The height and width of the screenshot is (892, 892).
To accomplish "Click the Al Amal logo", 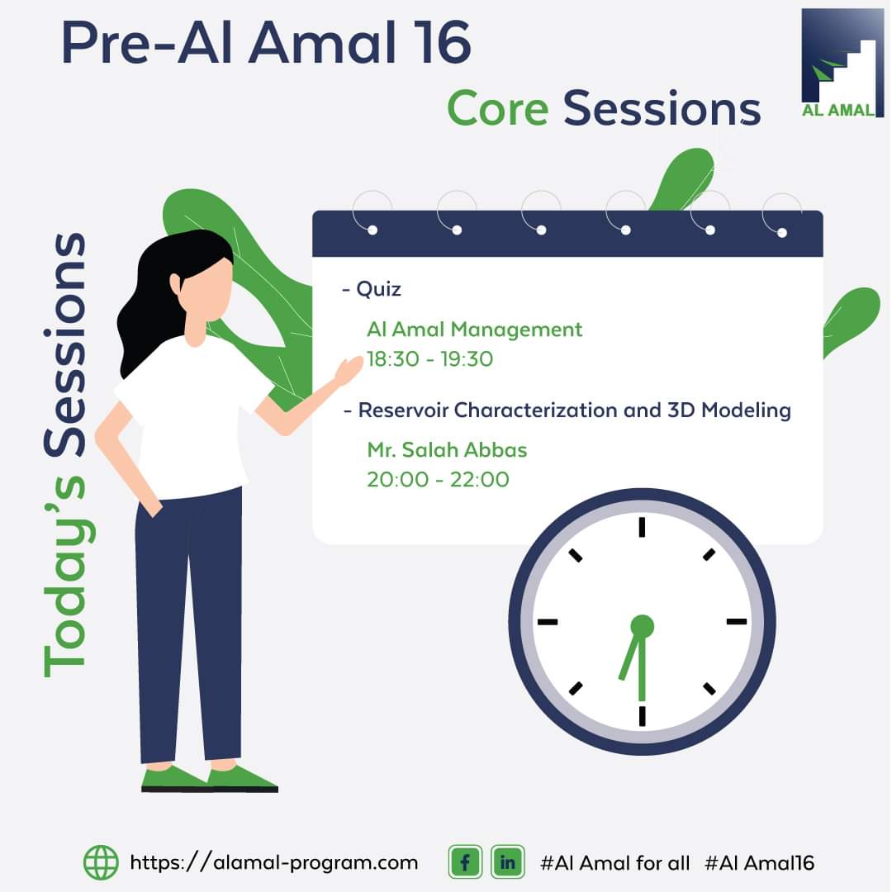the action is [x=842, y=63].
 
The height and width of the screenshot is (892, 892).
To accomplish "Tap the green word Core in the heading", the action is [x=498, y=109].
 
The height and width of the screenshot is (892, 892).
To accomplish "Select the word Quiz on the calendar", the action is [x=378, y=290].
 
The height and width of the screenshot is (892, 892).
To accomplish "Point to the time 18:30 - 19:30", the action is [x=429, y=359].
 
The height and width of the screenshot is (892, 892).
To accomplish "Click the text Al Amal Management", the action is [x=474, y=330].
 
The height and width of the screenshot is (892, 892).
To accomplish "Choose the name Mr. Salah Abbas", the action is [x=447, y=450].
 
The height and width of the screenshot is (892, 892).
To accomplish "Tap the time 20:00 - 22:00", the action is [x=438, y=480].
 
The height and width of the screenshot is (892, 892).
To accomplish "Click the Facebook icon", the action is [x=465, y=862].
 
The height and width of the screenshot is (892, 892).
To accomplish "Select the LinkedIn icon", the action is [x=507, y=862].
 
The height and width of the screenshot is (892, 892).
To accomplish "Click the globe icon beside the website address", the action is [x=101, y=862].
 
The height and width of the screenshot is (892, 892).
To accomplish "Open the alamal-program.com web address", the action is [x=273, y=863].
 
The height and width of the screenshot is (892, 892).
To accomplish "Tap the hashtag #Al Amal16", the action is [x=760, y=863].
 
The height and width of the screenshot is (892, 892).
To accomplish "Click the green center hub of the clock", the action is [x=643, y=626].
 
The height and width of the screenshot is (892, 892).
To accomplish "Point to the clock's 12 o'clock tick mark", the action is [x=643, y=527].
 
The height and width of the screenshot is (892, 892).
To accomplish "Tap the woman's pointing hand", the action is [x=349, y=370].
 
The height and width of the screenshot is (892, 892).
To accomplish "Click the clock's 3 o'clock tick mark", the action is [x=737, y=622].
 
